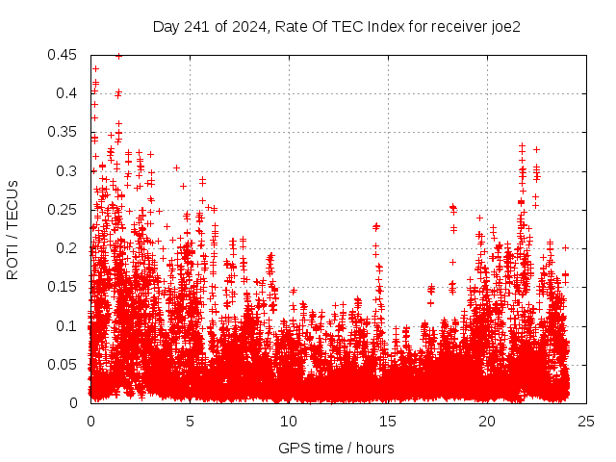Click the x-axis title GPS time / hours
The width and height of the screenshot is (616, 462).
[x=336, y=448]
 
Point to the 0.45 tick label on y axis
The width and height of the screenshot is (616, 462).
[x=64, y=55]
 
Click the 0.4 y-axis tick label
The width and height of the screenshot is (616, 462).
[x=67, y=93]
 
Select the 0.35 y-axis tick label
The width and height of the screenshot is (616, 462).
[x=64, y=132]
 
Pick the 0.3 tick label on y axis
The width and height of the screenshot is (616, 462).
[x=67, y=171]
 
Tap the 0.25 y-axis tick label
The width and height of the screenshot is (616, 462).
[x=64, y=210]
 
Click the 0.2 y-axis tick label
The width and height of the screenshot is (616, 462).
[x=67, y=248]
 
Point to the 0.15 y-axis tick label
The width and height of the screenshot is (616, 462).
[x=64, y=287]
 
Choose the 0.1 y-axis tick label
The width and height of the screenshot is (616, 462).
[x=67, y=325]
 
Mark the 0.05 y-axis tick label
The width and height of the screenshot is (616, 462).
[x=64, y=364]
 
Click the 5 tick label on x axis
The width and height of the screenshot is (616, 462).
[x=190, y=421]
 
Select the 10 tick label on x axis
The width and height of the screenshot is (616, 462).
[x=289, y=421]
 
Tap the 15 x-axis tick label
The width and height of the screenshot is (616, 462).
[x=388, y=421]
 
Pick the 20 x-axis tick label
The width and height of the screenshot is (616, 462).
[x=487, y=421]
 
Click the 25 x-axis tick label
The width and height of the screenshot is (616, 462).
[x=586, y=421]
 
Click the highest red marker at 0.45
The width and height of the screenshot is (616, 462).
[x=118, y=56]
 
